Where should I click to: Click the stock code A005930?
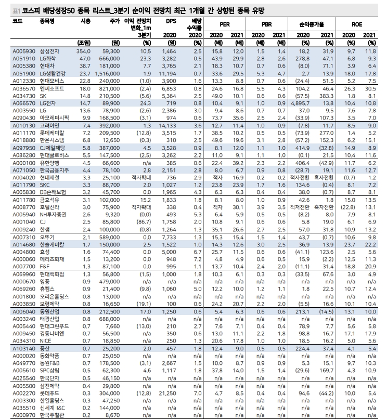[23, 52]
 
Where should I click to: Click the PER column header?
[225, 24]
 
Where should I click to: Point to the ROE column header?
[356, 24]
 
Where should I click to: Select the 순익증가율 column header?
[311, 24]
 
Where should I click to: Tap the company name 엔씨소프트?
[51, 89]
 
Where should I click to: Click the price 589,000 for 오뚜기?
[108, 237]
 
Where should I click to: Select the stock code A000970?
[23, 415]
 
